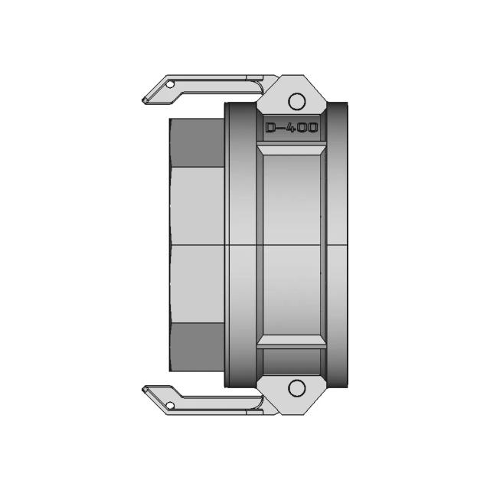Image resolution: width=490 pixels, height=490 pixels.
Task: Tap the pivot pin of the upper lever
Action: pos(296,100)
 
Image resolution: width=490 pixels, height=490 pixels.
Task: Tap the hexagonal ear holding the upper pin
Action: pos(296,95)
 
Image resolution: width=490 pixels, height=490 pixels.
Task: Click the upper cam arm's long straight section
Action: pos(218,80)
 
